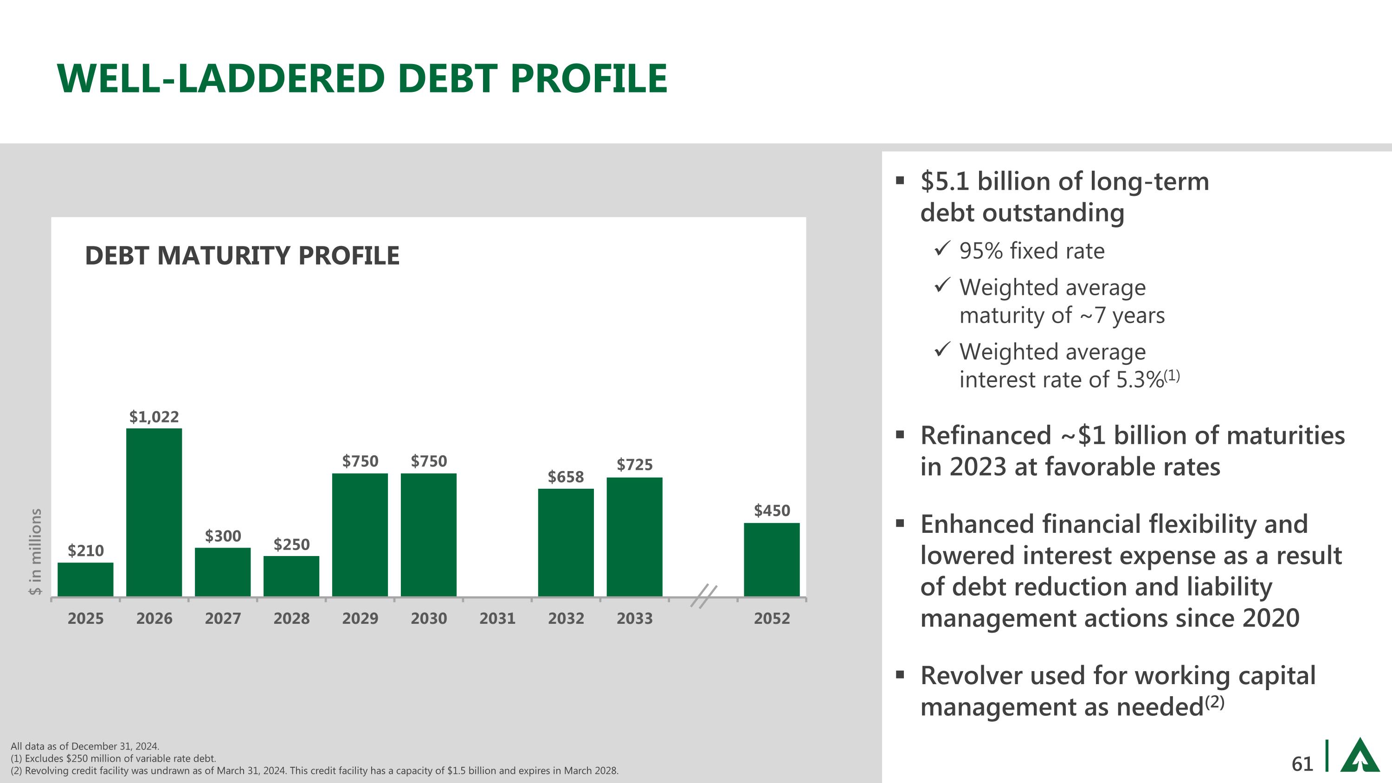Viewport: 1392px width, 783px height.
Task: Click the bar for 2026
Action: point(154,512)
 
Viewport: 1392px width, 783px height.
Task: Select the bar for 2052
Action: point(772,559)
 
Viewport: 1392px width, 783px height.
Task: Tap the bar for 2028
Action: point(291,576)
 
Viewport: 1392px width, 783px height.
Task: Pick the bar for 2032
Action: point(566,543)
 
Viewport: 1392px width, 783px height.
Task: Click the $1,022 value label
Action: point(154,417)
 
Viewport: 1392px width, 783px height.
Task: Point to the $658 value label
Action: point(566,477)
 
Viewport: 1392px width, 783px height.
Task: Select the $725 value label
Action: point(634,464)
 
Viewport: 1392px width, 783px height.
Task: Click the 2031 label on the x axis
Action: point(497,618)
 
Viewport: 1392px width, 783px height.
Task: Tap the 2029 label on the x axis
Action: point(360,618)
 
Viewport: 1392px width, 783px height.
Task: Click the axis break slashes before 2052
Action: point(703,596)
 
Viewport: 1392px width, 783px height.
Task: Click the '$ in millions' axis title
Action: point(35,552)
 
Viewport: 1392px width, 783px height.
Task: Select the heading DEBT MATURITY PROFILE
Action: point(242,256)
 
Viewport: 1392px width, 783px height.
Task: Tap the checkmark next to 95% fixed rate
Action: point(942,249)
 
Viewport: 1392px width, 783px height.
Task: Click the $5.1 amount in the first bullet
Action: point(945,181)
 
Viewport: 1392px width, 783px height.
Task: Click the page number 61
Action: point(1302,764)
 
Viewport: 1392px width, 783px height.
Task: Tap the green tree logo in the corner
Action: point(1360,756)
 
